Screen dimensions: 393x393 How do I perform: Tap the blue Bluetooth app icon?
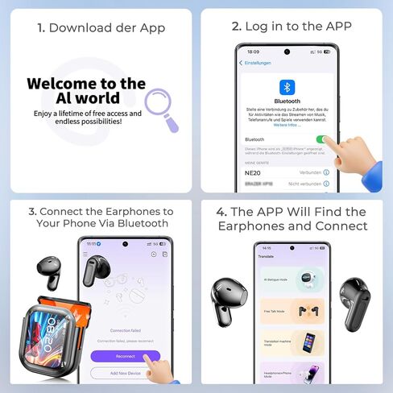pyautogui.click(x=288, y=87)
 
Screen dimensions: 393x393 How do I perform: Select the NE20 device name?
pyautogui.click(x=251, y=172)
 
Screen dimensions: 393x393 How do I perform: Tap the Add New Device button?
pyautogui.click(x=124, y=372)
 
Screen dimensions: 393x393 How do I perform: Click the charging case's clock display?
pyautogui.click(x=50, y=333)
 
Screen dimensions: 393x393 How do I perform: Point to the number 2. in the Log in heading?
pyautogui.click(x=236, y=27)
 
